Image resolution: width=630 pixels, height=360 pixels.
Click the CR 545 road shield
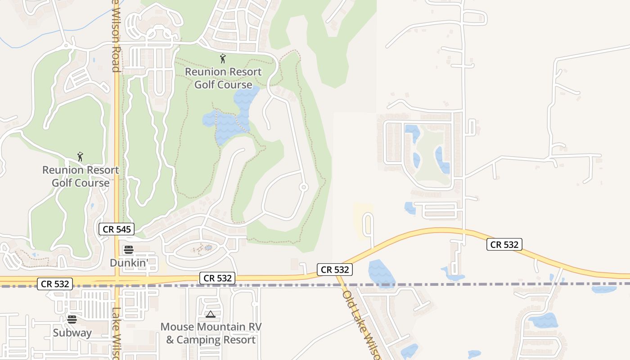(117, 229)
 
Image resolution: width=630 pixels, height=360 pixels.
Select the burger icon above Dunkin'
(129, 250)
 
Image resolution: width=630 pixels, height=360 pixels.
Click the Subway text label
(72, 333)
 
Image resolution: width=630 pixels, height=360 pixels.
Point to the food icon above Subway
(72, 319)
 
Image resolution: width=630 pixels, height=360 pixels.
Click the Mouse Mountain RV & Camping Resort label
(211, 333)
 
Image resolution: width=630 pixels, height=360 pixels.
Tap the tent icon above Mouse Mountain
(211, 314)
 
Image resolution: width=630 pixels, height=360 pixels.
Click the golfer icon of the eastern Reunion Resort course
(222, 58)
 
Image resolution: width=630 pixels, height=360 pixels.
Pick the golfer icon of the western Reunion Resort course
(80, 157)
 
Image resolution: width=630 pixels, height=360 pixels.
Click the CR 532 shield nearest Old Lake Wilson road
(334, 270)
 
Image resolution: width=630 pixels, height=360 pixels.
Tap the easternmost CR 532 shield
(504, 244)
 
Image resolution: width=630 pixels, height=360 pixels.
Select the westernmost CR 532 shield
(55, 284)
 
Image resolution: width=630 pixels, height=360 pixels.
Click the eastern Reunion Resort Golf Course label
(223, 78)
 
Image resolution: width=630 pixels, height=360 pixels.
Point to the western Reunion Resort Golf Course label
(81, 176)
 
